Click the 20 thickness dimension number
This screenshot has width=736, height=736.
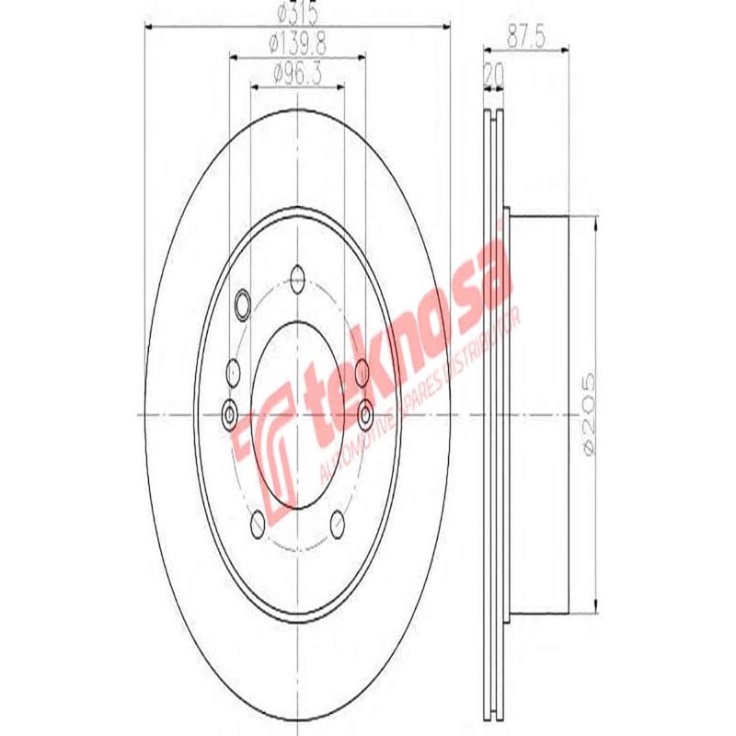(494, 71)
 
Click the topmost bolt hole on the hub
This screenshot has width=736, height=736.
(296, 273)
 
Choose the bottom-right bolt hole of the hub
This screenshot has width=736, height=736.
(336, 522)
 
